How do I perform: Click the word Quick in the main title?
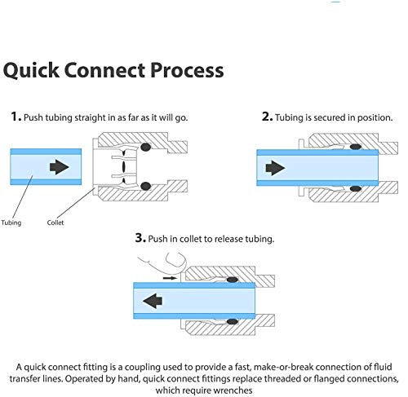point(31,71)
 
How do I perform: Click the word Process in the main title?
point(187,70)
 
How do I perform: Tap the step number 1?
point(16,117)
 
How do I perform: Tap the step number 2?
point(267,117)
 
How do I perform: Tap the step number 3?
point(140,237)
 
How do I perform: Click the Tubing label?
point(11,223)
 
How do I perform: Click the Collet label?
point(55,223)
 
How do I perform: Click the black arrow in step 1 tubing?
point(59,166)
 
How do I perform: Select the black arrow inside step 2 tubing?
point(275,168)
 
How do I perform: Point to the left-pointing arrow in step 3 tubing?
point(153,301)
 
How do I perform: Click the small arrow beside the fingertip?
point(170,278)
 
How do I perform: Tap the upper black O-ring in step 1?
point(146,147)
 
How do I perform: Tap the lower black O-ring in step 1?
point(146,186)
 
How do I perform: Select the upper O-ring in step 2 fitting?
point(356,147)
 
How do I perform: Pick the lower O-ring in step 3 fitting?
point(233,321)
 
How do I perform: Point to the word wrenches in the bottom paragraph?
point(233,390)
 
